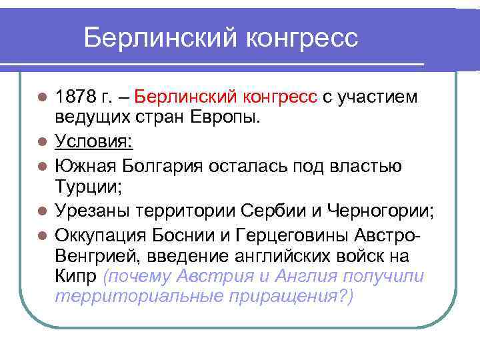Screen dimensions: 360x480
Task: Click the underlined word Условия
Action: [93, 141]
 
